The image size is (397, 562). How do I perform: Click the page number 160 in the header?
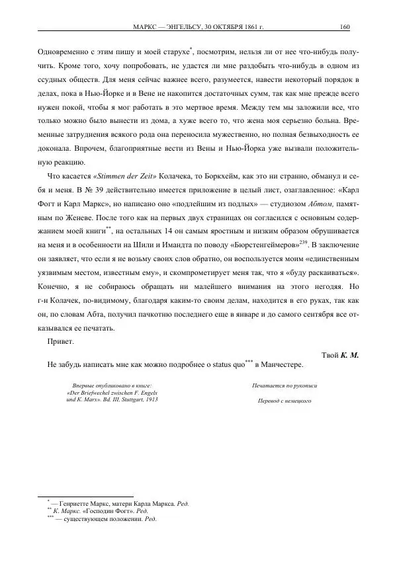[344, 27]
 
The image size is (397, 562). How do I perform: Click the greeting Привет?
[61, 342]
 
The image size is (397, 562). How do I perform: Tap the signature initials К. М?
[349, 355]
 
